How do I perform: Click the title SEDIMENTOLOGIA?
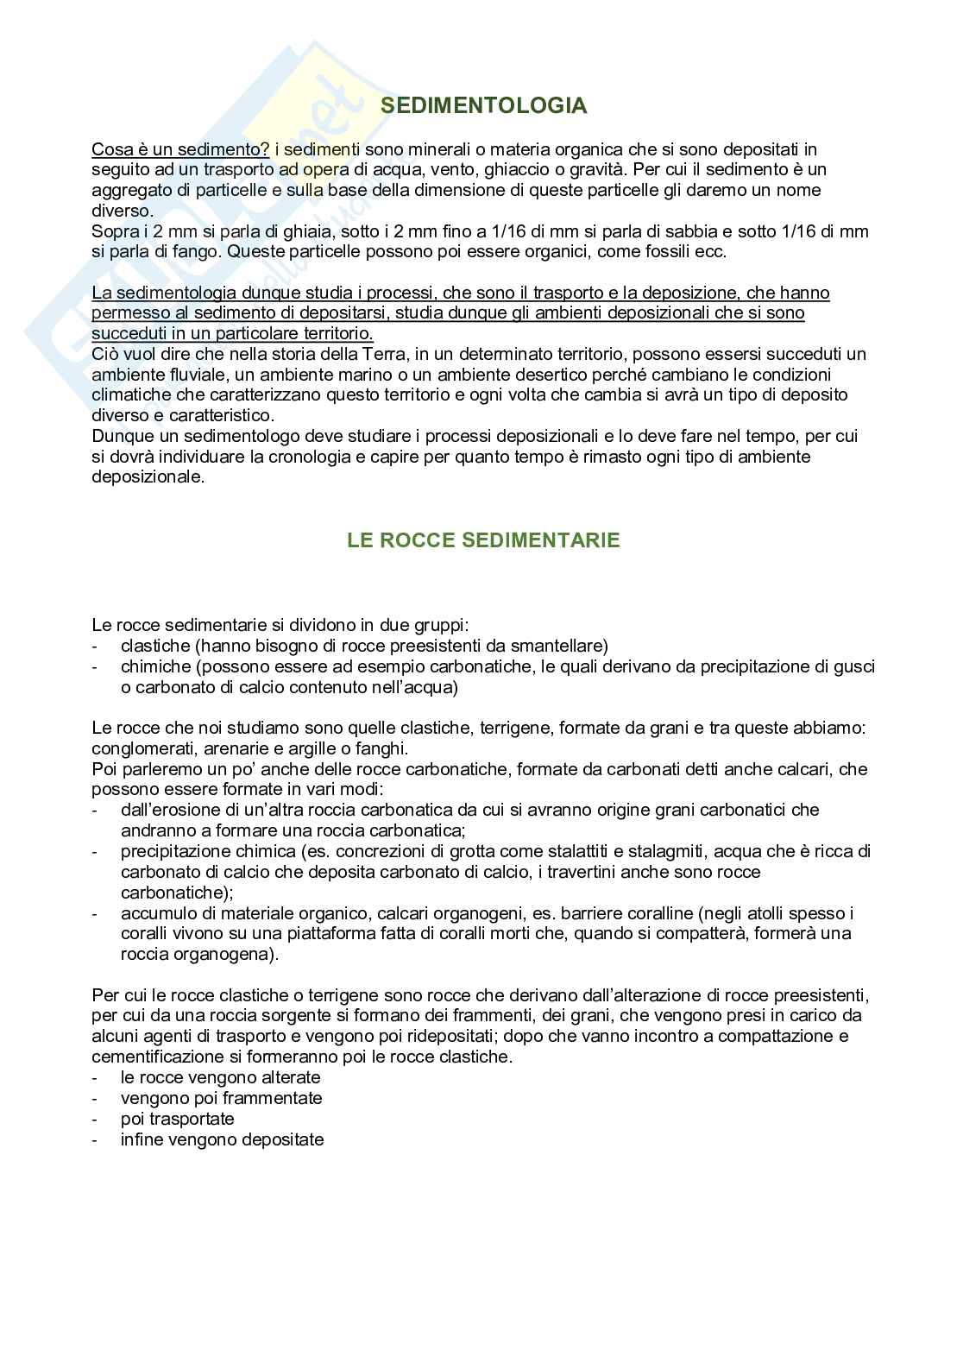point(483,105)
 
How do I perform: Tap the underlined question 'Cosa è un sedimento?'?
point(180,148)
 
